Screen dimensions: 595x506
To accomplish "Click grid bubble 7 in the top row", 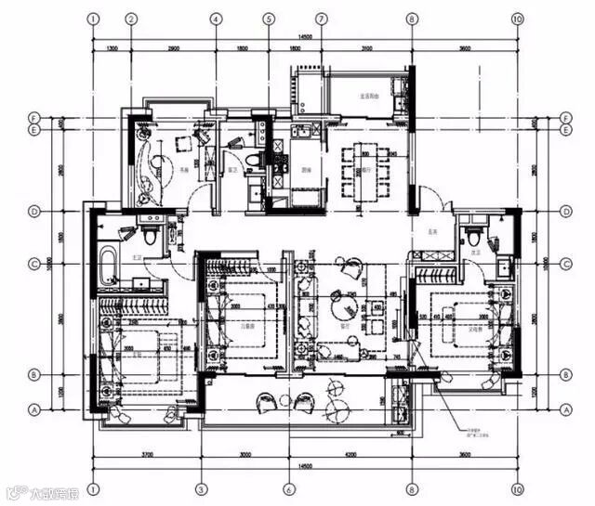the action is [322, 18].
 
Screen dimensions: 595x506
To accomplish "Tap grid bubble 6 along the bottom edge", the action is [288, 488].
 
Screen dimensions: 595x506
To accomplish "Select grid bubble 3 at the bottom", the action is [200, 488].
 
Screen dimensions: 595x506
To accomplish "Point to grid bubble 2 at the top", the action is [131, 18].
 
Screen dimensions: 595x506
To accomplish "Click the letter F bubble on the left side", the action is [33, 118].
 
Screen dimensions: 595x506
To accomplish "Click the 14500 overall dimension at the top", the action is [305, 35].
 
